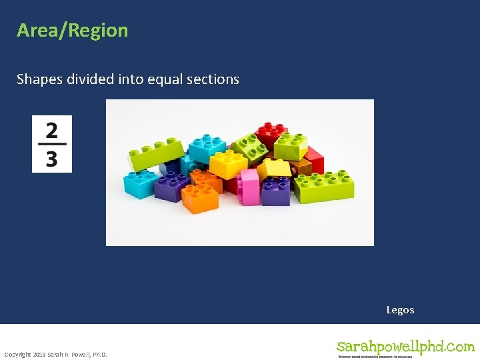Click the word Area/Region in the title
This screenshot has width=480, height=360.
pos(72,31)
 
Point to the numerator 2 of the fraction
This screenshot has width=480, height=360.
pos(51,129)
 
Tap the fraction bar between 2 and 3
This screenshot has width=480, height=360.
pos(51,144)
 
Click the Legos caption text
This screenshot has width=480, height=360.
pos(400,310)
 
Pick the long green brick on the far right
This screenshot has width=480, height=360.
pos(325,185)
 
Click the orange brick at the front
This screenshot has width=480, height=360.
pos(200,197)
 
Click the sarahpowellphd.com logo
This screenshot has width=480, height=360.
pos(405,347)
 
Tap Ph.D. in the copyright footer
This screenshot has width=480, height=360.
pos(99,354)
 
